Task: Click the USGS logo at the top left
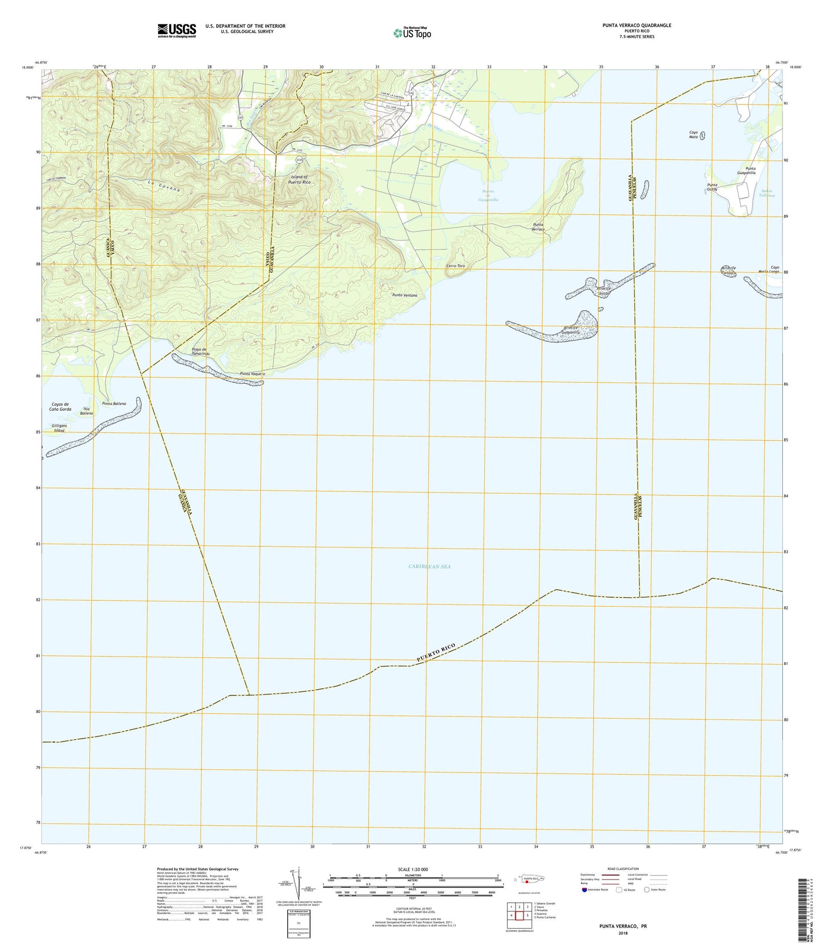point(177,30)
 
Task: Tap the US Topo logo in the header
point(412,33)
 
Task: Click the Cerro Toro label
point(456,266)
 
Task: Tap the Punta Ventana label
point(405,295)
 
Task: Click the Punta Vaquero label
point(253,374)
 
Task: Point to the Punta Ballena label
point(114,404)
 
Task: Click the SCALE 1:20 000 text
point(412,869)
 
